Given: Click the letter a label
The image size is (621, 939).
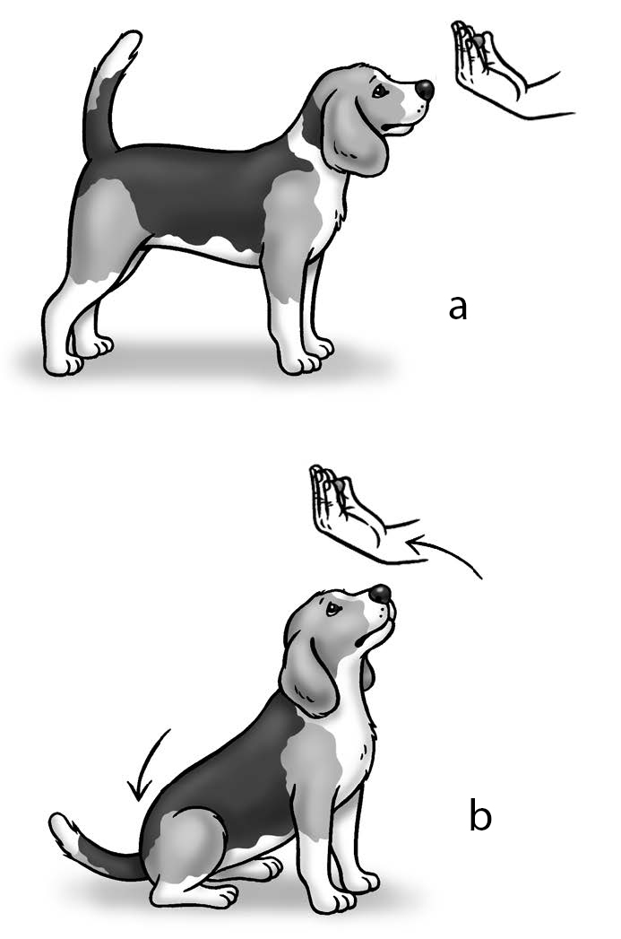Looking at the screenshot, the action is [457, 308].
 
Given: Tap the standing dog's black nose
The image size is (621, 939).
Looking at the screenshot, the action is [425, 90].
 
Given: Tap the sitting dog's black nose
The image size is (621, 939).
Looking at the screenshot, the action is [380, 594].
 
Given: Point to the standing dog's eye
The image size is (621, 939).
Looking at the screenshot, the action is [379, 91].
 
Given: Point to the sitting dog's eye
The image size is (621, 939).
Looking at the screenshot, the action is [331, 609].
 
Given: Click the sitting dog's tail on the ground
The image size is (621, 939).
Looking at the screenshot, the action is [90, 844].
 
